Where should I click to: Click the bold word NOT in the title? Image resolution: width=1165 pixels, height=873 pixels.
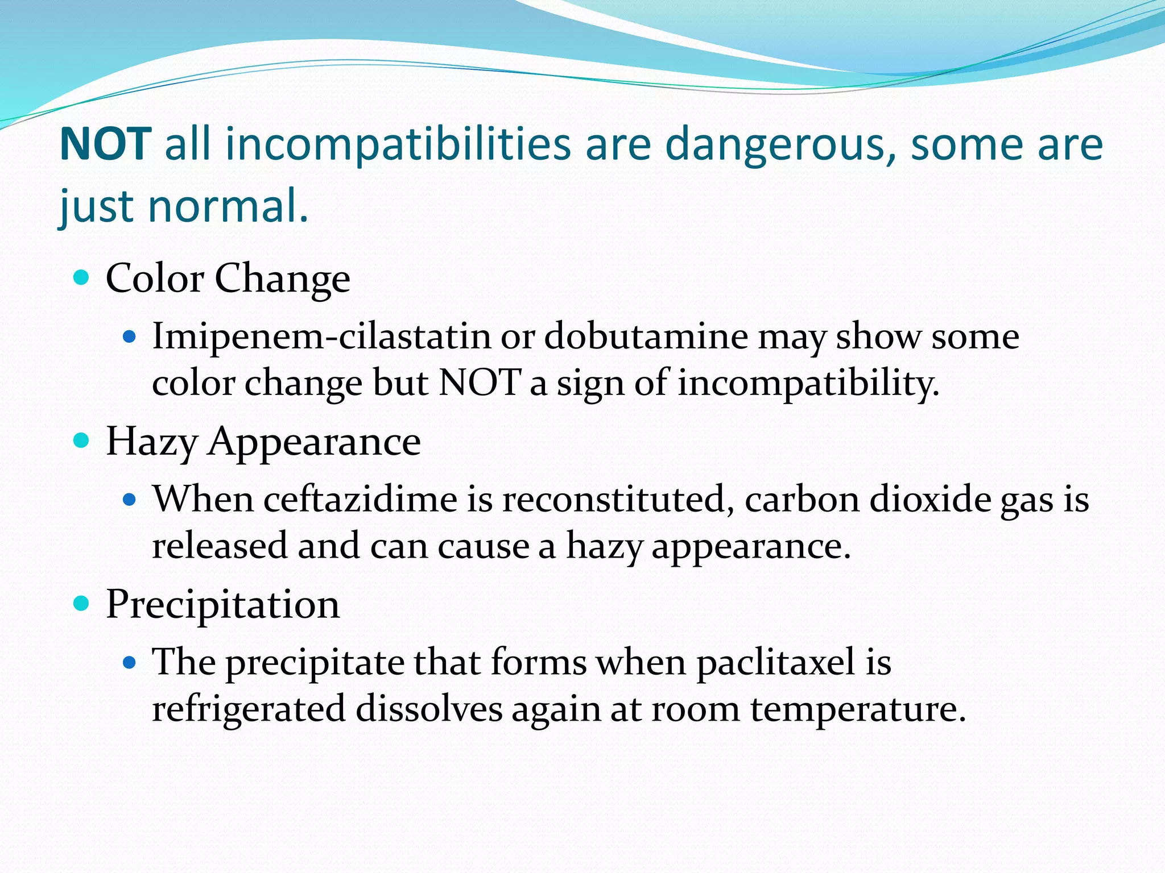coord(105,144)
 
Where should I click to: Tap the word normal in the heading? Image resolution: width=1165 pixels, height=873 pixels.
coord(222,206)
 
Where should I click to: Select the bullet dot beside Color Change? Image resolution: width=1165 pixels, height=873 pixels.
coord(82,278)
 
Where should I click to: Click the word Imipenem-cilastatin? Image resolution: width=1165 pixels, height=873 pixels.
coord(321,336)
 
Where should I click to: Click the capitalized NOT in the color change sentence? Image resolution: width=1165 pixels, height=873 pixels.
coord(480,383)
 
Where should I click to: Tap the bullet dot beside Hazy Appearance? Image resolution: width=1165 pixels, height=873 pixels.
coord(82,440)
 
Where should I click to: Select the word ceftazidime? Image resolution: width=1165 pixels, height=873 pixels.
coord(361,500)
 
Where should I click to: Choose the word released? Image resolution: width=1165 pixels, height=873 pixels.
coord(220,546)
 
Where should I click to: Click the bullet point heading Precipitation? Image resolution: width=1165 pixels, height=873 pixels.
coord(223,604)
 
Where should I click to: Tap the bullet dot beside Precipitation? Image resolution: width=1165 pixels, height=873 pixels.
coord(82,604)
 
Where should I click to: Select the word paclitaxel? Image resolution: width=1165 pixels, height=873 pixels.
coord(776,662)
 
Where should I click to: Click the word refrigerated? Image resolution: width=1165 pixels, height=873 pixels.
coord(249,709)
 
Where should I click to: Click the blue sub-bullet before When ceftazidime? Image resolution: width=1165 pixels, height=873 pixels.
coord(130,500)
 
